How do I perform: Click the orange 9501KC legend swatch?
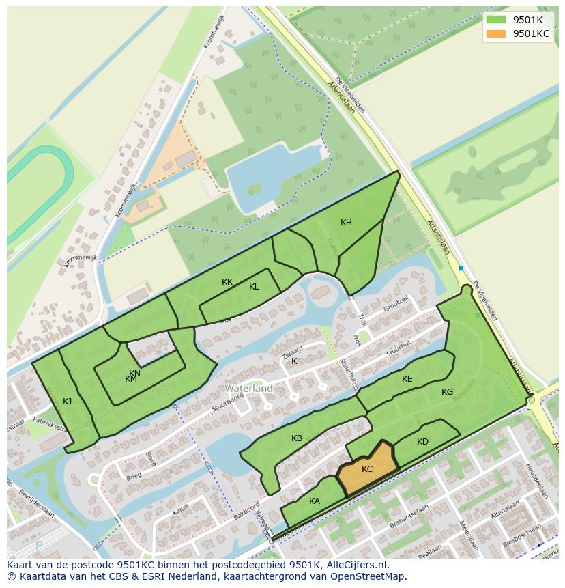tap(496, 33)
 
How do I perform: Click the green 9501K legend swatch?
tap(496, 20)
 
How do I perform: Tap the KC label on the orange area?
tap(367, 469)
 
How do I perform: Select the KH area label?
tap(346, 223)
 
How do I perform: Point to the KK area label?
tap(227, 282)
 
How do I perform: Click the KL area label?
tap(254, 287)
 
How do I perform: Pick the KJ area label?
tap(67, 402)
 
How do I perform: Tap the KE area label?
tap(407, 379)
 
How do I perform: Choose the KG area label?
tap(447, 392)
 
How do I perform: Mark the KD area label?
tap(422, 442)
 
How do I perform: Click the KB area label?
tap(297, 438)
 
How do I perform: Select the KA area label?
tap(315, 501)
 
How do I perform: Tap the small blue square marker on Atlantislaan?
tap(461, 268)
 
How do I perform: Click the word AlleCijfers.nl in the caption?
tap(357, 565)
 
